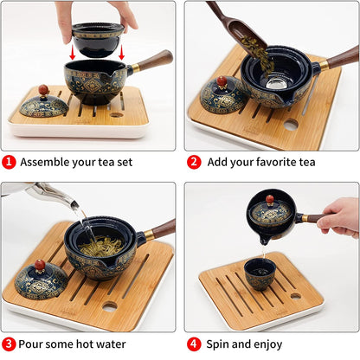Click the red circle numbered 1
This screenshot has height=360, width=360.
point(9,162)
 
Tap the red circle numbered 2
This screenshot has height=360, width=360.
point(194,162)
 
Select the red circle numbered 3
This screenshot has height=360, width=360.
point(9,344)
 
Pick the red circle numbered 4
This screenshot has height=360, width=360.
point(194,344)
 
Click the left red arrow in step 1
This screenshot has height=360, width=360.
point(73,52)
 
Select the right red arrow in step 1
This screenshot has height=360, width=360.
point(122,52)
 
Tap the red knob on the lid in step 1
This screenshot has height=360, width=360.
point(43,89)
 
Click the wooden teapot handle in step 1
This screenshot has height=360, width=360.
point(154,61)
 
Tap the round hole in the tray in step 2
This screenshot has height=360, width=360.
point(290,125)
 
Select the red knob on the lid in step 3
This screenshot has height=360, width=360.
point(40,266)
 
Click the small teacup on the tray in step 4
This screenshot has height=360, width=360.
point(260,274)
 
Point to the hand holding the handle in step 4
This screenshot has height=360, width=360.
point(340,217)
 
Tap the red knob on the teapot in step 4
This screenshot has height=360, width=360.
point(270,199)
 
